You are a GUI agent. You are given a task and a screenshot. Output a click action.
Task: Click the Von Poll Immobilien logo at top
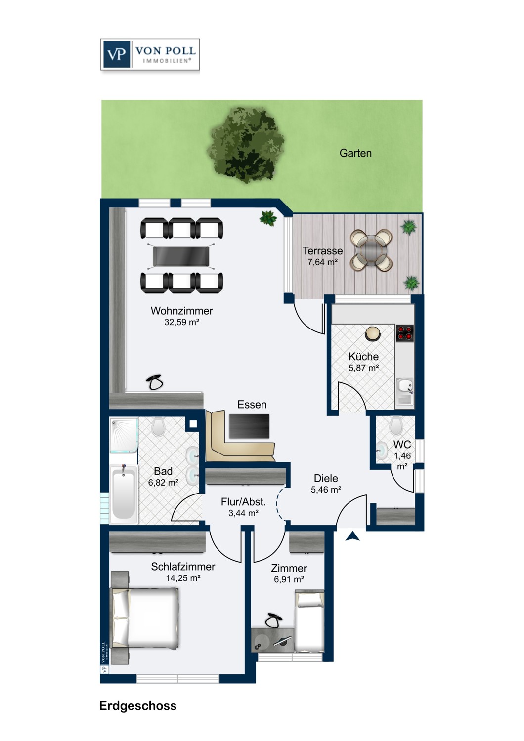point(150,54)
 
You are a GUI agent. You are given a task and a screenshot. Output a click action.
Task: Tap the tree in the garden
point(245,145)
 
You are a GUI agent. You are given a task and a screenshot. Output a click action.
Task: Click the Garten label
point(355,153)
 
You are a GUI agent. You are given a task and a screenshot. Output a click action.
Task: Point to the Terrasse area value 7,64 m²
point(322,262)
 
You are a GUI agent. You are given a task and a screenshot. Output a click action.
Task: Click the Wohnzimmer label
point(182,311)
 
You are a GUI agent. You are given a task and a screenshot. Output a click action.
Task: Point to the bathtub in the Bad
point(124,494)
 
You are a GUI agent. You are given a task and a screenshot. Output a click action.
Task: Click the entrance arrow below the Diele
point(352,536)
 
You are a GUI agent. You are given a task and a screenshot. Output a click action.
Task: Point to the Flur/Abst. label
point(243,502)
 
